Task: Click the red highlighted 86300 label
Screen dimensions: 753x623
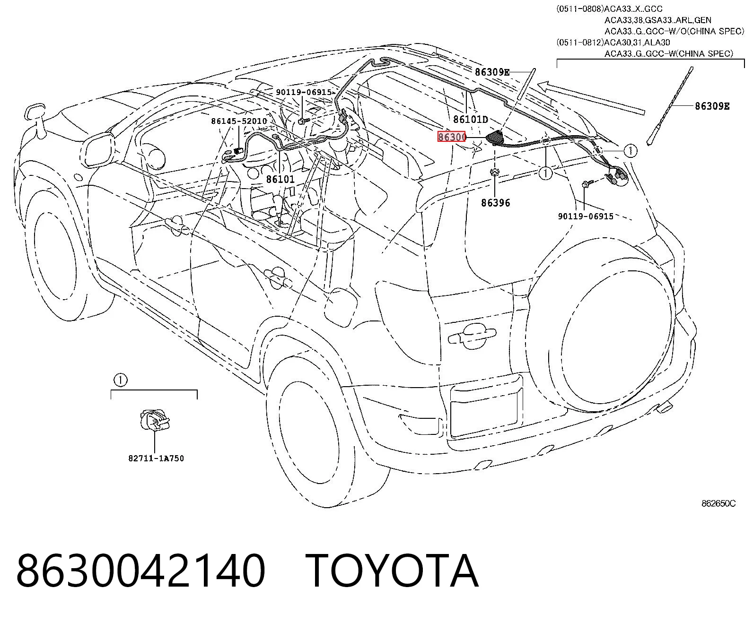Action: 452,137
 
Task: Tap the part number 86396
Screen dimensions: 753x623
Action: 496,203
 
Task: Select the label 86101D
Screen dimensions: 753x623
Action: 471,119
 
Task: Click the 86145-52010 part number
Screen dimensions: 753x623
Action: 239,121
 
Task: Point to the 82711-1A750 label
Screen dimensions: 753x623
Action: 156,458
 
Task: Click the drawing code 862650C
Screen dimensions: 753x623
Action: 718,503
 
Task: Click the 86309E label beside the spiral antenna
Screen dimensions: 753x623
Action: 712,106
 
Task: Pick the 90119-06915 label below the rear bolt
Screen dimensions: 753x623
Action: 586,216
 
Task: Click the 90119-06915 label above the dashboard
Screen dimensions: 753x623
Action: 304,92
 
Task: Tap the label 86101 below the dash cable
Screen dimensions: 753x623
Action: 280,179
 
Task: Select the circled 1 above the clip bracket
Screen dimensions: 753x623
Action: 121,380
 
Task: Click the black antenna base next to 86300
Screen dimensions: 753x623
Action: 496,138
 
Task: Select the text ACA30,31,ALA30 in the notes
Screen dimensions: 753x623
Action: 637,43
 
